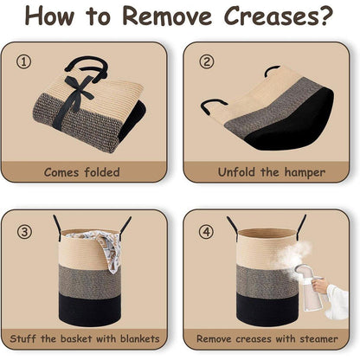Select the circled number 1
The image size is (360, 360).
(23, 61)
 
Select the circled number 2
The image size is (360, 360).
(207, 61)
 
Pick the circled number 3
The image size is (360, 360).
(24, 232)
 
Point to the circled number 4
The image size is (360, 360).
(207, 232)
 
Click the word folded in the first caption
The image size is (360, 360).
(102, 172)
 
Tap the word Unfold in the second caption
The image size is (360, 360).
(236, 172)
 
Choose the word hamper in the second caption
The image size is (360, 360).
(305, 173)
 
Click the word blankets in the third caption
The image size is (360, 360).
(139, 338)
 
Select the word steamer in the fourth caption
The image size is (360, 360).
(318, 338)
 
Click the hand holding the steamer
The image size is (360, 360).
(319, 286)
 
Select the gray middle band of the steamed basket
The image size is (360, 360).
(267, 280)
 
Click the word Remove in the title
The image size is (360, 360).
(167, 16)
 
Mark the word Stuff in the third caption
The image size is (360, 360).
(23, 338)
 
